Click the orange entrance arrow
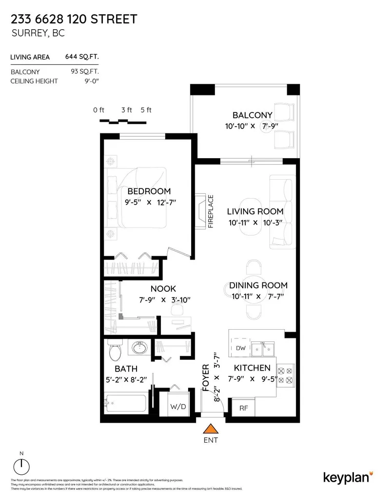tap(210, 429)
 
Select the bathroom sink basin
tap(140, 348)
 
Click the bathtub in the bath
tap(126, 404)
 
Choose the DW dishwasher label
tap(240, 348)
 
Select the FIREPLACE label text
tap(211, 212)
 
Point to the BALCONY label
tap(252, 115)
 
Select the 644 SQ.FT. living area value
tap(82, 57)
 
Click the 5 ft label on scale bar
tap(146, 110)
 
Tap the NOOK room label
tap(163, 289)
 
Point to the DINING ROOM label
tap(258, 285)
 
